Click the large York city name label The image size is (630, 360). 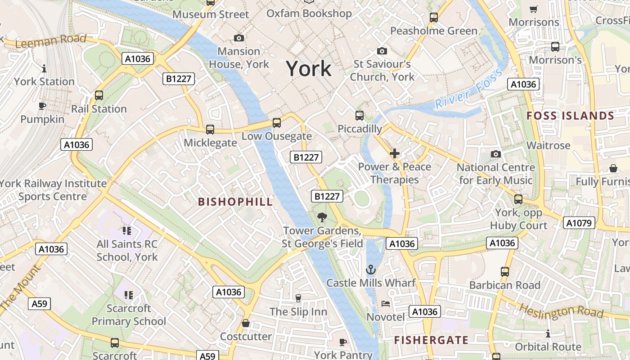309,69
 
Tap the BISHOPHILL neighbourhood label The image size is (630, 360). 235,202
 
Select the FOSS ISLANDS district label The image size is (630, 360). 570,116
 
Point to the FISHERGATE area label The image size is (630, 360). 431,340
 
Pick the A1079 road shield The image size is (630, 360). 579,223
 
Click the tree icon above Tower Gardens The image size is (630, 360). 322,218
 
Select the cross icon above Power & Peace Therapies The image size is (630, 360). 395,153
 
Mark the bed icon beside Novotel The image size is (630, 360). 386,303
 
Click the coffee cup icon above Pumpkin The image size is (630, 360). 42,106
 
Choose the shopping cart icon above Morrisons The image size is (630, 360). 534,9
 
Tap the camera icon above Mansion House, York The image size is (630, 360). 239,38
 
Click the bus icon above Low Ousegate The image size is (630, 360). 277,123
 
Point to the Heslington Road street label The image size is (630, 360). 561,310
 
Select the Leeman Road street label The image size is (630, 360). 50,41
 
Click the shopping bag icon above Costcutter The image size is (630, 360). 246,323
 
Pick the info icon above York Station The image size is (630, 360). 44,68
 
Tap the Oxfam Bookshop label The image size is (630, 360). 309,13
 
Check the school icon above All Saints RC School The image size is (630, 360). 127,231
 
